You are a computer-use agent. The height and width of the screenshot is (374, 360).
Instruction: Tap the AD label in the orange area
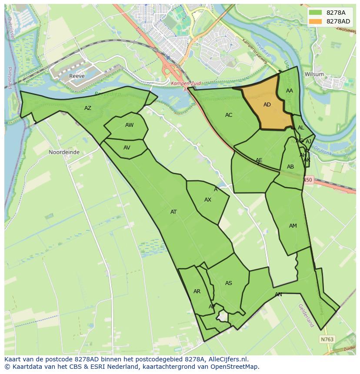267,105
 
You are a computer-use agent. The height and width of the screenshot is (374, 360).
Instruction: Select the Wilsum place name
314,74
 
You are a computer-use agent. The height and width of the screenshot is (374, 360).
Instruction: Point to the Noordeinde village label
64,152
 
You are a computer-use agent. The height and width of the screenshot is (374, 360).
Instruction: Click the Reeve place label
76,76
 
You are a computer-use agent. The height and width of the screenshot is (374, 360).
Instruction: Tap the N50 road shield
308,180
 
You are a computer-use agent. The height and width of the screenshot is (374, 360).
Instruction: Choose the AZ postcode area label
88,108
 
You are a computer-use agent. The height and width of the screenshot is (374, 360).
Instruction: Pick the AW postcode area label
129,125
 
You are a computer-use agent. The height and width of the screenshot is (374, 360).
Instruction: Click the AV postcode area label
127,148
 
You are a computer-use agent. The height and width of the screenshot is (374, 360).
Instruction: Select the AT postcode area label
173,212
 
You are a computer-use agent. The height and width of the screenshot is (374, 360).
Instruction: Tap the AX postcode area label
208,200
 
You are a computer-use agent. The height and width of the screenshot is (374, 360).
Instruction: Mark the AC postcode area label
229,115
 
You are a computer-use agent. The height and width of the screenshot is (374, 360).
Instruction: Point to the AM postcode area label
293,226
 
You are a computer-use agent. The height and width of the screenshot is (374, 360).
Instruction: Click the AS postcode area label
229,283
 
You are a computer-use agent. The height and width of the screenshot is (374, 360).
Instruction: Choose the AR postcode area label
197,291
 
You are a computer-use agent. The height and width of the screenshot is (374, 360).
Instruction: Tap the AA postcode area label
290,91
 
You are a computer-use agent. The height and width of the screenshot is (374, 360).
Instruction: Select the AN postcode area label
278,295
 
